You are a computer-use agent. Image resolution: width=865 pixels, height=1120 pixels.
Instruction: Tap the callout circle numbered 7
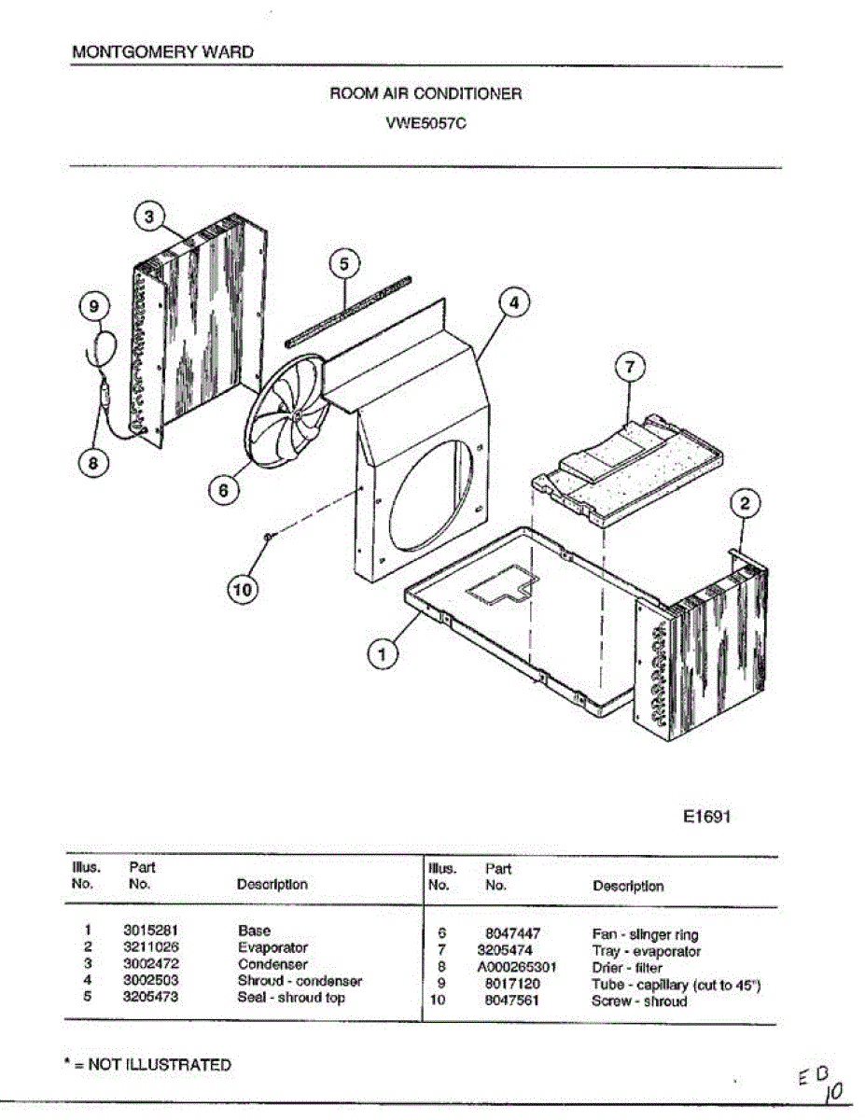629,368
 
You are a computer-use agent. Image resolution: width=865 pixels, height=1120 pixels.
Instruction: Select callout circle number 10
242,589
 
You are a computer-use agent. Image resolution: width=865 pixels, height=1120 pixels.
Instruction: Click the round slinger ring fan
290,412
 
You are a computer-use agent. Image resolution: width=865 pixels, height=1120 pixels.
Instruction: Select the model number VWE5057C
426,120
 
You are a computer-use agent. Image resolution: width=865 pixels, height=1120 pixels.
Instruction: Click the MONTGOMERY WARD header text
162,52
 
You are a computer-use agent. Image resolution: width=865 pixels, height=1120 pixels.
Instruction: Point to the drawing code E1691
705,817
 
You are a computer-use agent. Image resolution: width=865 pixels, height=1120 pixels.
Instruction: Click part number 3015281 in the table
150,931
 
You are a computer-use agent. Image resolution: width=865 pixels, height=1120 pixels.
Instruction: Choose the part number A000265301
516,968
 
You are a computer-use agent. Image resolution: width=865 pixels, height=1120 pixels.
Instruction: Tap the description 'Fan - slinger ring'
645,934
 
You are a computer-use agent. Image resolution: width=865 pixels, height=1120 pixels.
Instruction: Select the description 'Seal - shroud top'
291,998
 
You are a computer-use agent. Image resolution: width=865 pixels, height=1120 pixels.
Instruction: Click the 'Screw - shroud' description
639,1001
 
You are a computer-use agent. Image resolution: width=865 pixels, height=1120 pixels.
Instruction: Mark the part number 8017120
512,985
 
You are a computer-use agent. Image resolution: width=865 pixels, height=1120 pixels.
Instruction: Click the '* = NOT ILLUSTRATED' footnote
152,1064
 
